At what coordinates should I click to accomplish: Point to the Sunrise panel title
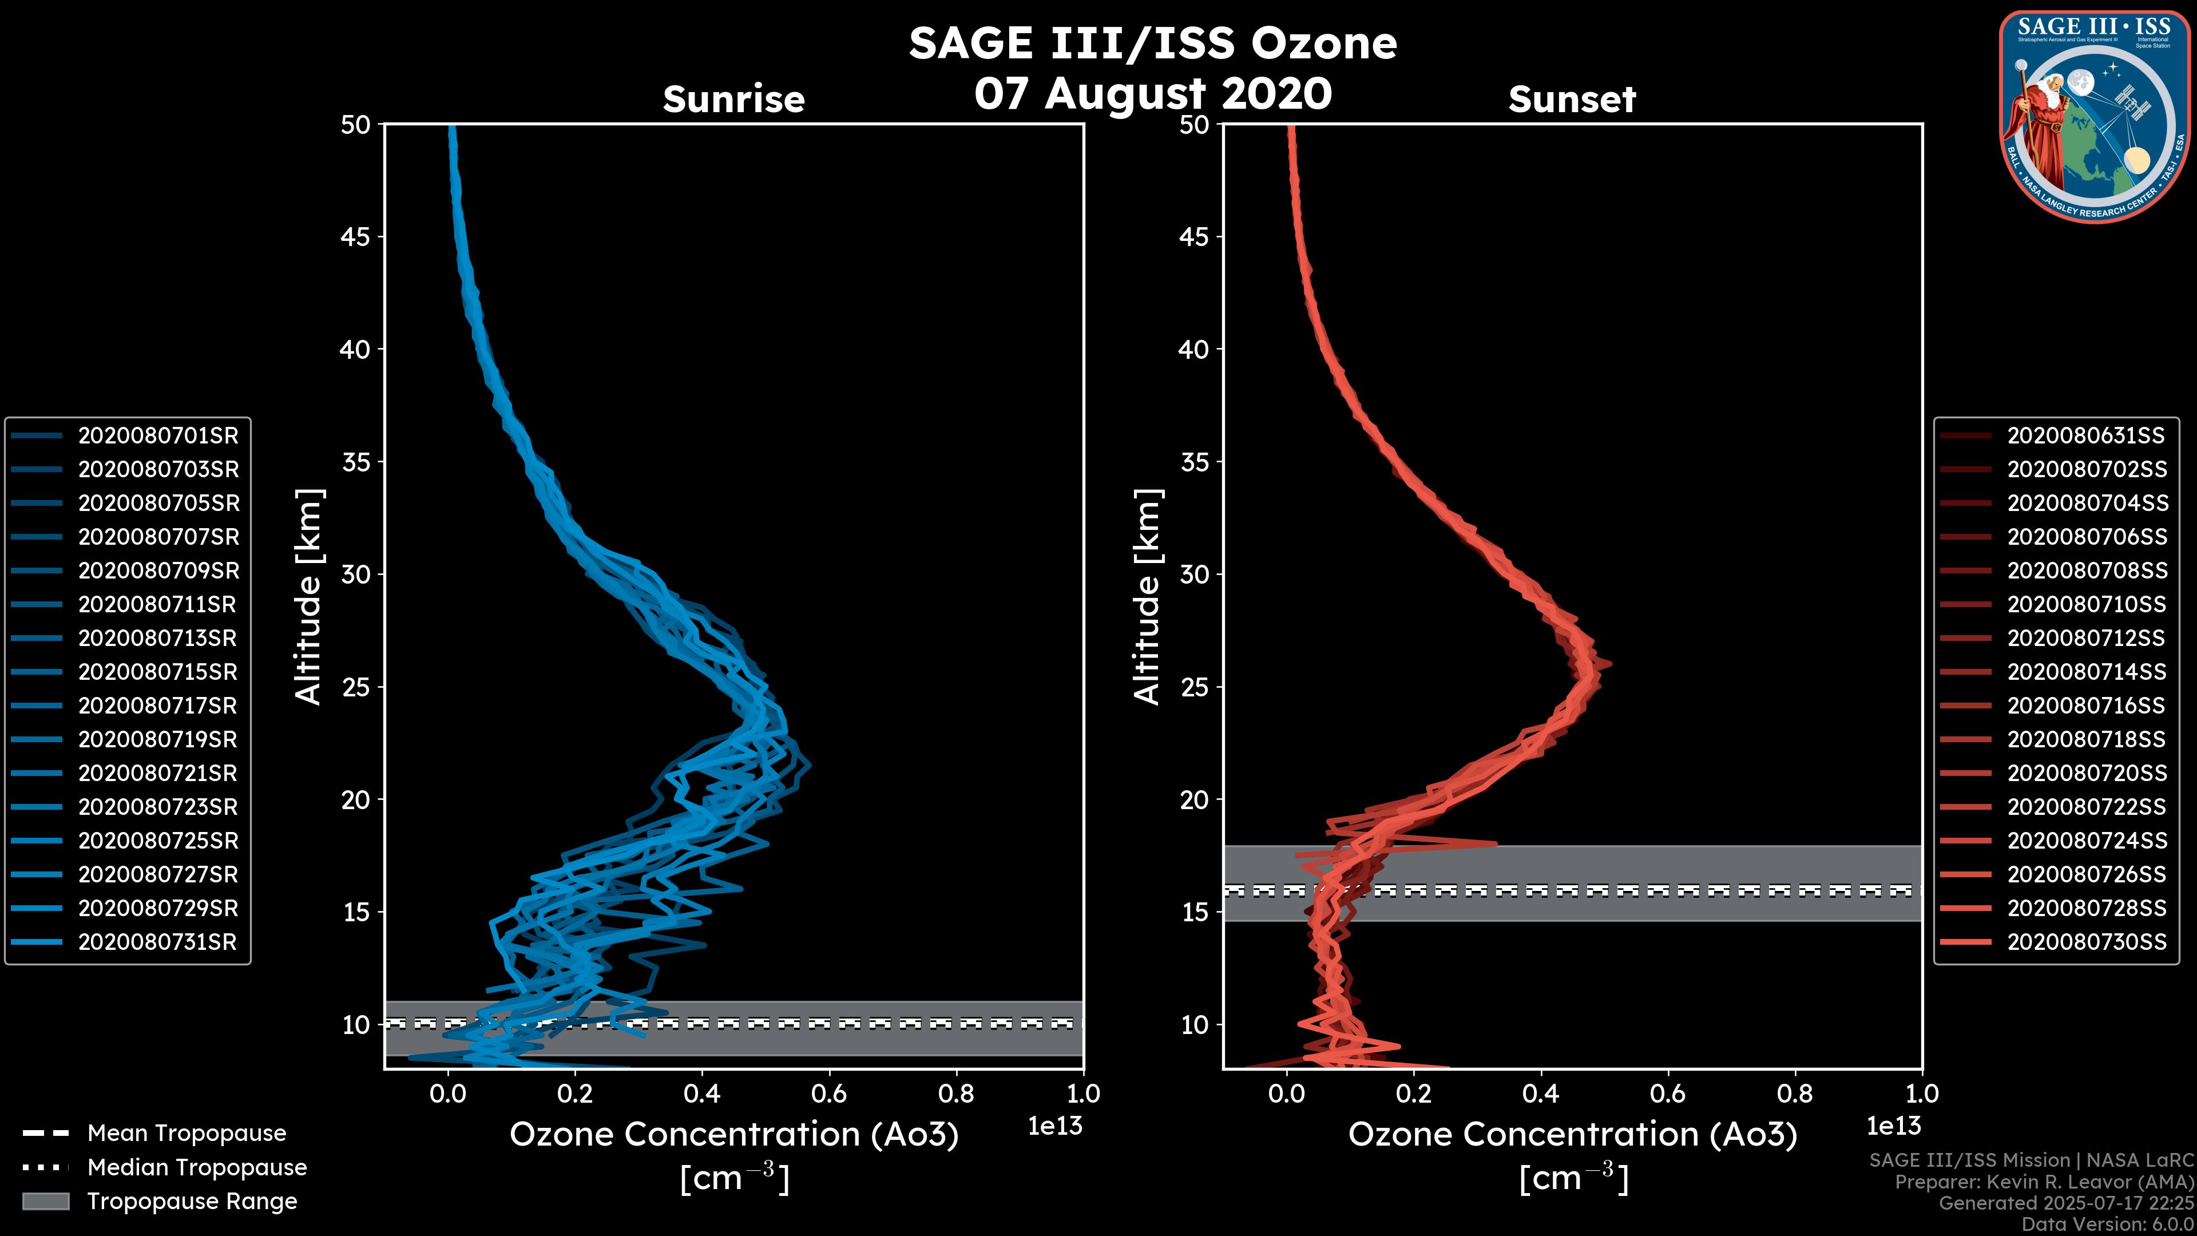tap(733, 100)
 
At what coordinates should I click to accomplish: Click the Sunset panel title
tap(1572, 100)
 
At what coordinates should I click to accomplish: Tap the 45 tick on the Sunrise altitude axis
tap(356, 236)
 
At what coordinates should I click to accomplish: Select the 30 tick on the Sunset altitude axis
tap(1195, 574)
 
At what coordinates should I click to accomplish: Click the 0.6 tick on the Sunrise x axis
tap(829, 1094)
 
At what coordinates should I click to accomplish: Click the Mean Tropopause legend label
tap(187, 1134)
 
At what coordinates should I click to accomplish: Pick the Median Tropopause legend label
tap(197, 1168)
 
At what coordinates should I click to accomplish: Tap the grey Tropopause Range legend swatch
tap(46, 1202)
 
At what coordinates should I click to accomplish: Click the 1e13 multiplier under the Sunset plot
tap(1893, 1126)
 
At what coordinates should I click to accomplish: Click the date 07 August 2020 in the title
tap(1152, 94)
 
